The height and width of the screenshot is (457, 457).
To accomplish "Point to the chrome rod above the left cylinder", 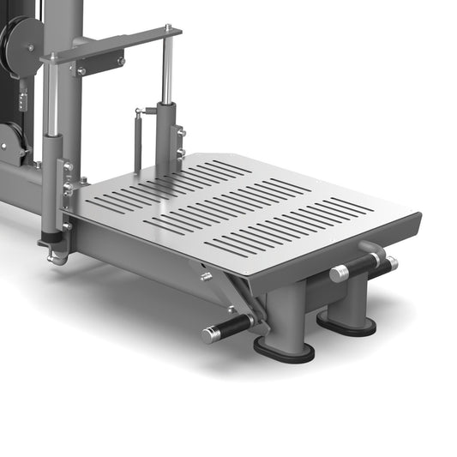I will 53,99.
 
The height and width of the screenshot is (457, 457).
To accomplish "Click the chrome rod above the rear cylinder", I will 168,73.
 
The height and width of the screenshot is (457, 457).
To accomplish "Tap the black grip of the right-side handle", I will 364,267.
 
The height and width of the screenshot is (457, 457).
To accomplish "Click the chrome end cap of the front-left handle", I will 209,335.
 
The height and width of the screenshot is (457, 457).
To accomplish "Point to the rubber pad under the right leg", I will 346,324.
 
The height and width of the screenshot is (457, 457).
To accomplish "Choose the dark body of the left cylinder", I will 51,184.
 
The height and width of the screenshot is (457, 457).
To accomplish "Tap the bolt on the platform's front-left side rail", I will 206,277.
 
